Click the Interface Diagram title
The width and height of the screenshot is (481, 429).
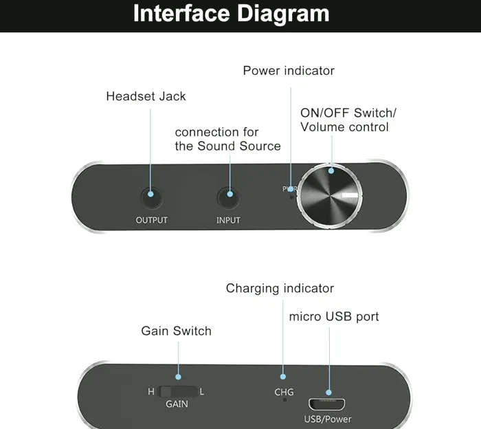231,14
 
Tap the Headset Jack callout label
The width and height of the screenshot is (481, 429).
146,96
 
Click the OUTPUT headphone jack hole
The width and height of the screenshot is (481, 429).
151,198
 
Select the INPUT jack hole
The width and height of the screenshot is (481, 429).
228,198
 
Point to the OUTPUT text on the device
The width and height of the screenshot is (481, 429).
151,221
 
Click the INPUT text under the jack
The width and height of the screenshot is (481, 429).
228,221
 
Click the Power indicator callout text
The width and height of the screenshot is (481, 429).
289,71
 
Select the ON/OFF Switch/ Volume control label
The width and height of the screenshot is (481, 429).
348,120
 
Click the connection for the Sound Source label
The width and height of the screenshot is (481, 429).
227,139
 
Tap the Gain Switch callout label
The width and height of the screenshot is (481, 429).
177,331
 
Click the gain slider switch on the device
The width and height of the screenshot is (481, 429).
177,392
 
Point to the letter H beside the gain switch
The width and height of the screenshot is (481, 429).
151,392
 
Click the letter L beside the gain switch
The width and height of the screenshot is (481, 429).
202,392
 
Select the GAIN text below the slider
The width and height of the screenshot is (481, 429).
177,404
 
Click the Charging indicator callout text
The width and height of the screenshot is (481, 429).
280,289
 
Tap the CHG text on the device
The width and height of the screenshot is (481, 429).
284,392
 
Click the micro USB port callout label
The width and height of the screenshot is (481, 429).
334,317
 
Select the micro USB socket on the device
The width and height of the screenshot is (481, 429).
328,403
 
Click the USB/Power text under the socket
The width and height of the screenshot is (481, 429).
328,419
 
